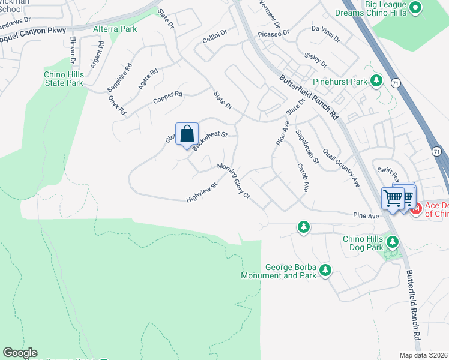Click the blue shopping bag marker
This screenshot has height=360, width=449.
coord(187,134)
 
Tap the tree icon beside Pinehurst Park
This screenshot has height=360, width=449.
coord(376,80)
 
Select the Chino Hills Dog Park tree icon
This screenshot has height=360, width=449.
coord(393,242)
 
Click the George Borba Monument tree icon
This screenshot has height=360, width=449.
coord(325,271)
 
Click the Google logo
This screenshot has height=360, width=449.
coord(20,353)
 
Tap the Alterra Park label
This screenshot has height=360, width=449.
coord(115,29)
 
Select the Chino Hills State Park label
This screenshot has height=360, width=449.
coord(64,79)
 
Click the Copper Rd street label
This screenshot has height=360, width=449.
coord(167,97)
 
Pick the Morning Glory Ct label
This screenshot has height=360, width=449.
coord(234,181)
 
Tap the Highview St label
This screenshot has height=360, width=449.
coord(201,193)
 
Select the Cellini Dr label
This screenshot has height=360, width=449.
coord(214,36)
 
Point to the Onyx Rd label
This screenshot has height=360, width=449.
coord(118,107)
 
